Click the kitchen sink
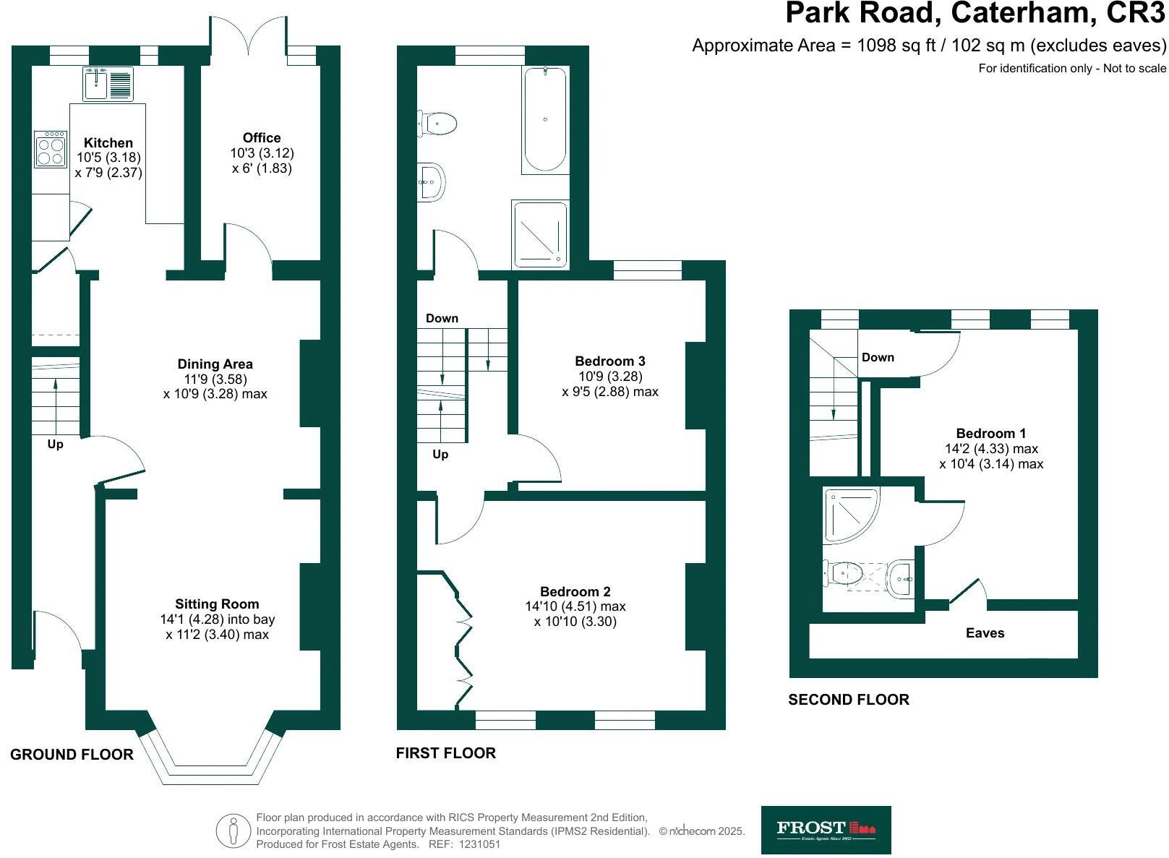108,83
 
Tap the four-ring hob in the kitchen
50,149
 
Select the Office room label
262,138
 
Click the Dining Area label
215,364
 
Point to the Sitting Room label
217,604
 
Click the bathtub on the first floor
545,119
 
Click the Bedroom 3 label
609,361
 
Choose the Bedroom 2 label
575,592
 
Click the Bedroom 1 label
990,434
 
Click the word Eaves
985,633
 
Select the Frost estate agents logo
826,830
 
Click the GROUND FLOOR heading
72,755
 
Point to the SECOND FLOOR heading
848,700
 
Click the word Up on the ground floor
55,444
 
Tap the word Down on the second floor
878,358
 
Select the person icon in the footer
233,831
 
